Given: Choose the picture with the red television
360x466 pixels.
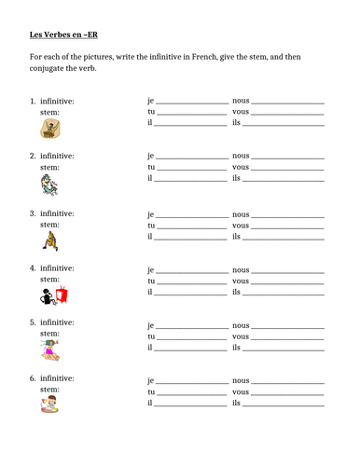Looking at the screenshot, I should pyautogui.click(x=53, y=296).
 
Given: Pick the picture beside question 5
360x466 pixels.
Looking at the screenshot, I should pyautogui.click(x=51, y=350).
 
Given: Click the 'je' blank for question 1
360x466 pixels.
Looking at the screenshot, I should pyautogui.click(x=191, y=102).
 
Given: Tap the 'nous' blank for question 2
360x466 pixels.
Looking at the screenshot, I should pyautogui.click(x=288, y=158).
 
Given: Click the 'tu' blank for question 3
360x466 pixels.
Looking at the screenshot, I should pyautogui.click(x=191, y=226).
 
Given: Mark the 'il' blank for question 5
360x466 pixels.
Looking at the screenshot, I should pyautogui.click(x=191, y=349).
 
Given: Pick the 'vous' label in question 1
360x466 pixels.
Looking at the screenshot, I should pyautogui.click(x=240, y=112).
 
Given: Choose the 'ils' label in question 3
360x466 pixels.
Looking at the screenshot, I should pyautogui.click(x=236, y=237).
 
